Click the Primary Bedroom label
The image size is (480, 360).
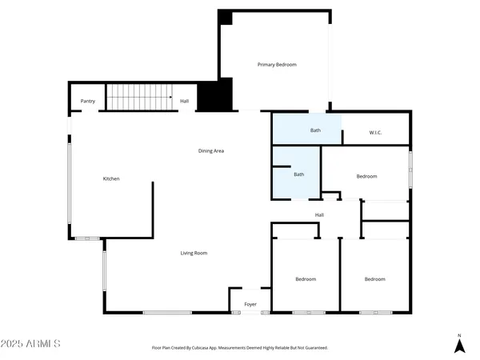[277, 64]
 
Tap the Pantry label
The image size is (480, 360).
[88, 101]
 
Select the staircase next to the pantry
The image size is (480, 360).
[141, 97]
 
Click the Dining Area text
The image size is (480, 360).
[211, 150]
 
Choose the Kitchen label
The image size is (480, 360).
[111, 178]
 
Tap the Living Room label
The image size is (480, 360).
[194, 253]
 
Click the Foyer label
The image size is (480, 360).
[250, 304]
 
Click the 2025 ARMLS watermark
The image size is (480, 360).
[32, 343]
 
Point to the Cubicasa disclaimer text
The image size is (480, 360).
[240, 348]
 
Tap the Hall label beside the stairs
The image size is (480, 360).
[184, 101]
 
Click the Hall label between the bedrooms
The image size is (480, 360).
[319, 214]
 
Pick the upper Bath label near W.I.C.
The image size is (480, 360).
[316, 130]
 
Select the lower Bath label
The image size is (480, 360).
[299, 174]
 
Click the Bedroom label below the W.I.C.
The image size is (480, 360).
[366, 176]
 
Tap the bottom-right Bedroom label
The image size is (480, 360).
[374, 279]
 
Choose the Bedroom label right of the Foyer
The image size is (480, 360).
[306, 279]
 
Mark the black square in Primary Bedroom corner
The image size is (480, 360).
[225, 18]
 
